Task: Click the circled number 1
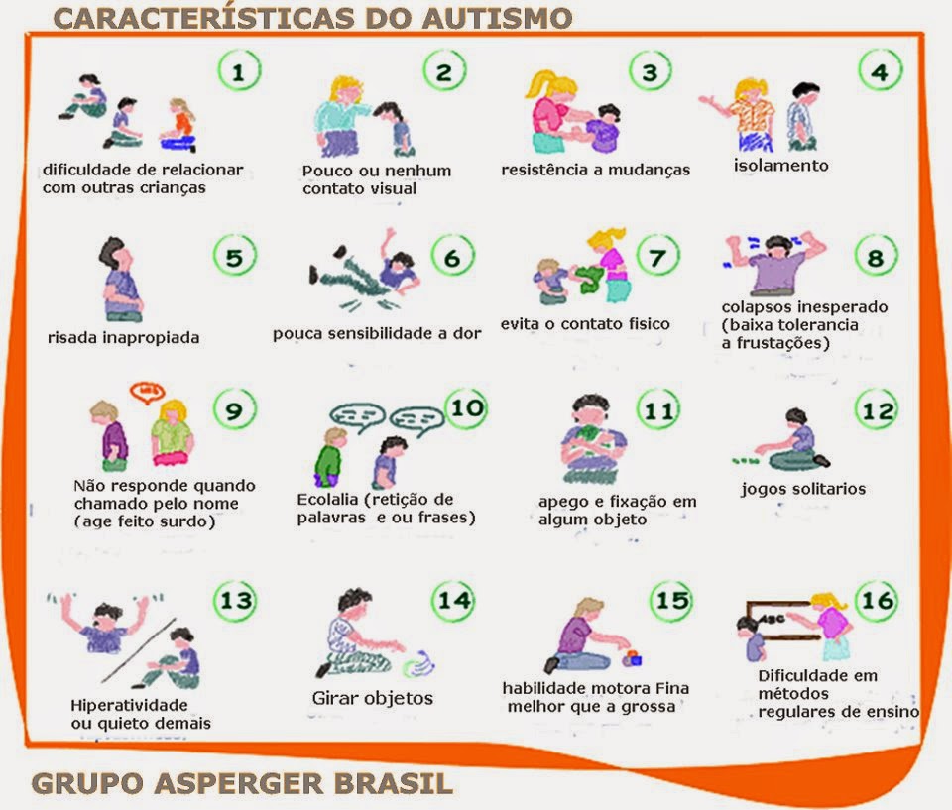coord(239,71)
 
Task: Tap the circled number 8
coord(875,258)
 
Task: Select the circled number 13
coord(236,600)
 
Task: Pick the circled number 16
coord(878,600)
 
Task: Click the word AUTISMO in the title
coord(497,18)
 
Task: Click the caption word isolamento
coord(780,166)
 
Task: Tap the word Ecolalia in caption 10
coord(327,499)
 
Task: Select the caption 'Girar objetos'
coord(372,698)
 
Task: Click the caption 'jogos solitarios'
coord(803,489)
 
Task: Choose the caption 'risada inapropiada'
coord(123,338)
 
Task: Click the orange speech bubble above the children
coord(147,393)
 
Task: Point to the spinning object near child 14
coord(418,663)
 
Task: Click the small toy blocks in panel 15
coord(632,658)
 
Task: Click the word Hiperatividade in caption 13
coord(129,706)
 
